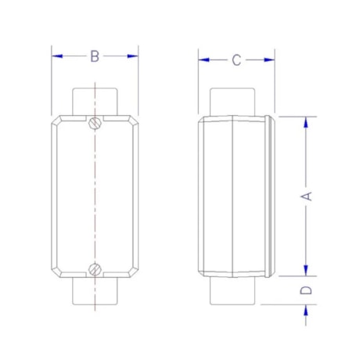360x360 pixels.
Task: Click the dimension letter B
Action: (x=95, y=56)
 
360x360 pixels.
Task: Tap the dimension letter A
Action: (x=308, y=196)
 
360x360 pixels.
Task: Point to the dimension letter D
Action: (x=308, y=290)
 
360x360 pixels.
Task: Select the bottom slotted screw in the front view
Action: (x=95, y=270)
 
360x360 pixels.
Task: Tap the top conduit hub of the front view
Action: (x=95, y=102)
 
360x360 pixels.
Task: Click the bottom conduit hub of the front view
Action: (x=95, y=292)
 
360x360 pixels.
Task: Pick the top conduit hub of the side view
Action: (x=234, y=102)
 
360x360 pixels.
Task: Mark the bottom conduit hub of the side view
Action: (x=234, y=292)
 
